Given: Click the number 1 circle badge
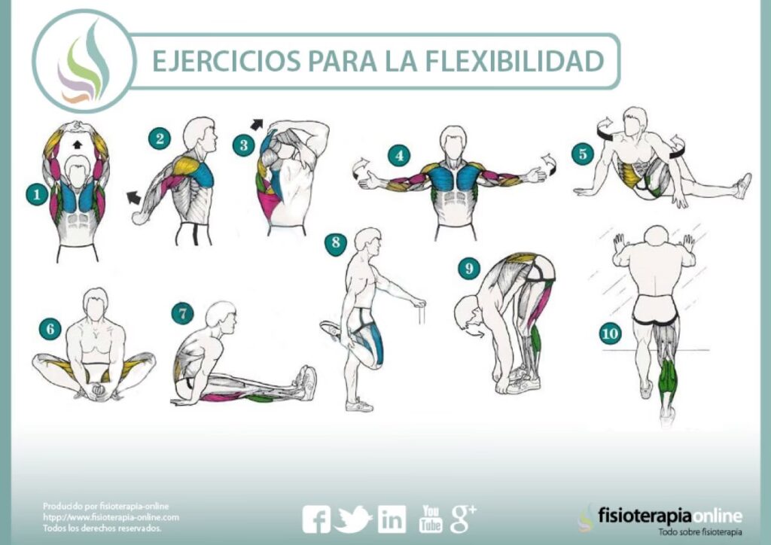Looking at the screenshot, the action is [37, 195].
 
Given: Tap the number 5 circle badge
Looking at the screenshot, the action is [583, 154].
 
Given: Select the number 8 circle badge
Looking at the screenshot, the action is [336, 243].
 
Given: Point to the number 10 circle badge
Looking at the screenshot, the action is [610, 334].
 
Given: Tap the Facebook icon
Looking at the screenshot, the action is [315, 519].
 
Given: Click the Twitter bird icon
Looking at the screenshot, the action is [352, 519].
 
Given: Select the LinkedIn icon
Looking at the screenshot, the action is [392, 519].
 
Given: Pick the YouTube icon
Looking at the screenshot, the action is [430, 519].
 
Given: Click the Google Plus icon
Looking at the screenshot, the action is [463, 519].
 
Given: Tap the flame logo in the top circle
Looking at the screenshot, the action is [84, 63].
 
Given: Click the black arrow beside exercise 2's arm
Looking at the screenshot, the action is [133, 197].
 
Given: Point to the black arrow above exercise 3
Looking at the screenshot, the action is [257, 125].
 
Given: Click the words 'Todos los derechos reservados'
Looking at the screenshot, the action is [102, 528].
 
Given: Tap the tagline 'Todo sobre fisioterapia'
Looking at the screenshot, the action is [700, 532].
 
